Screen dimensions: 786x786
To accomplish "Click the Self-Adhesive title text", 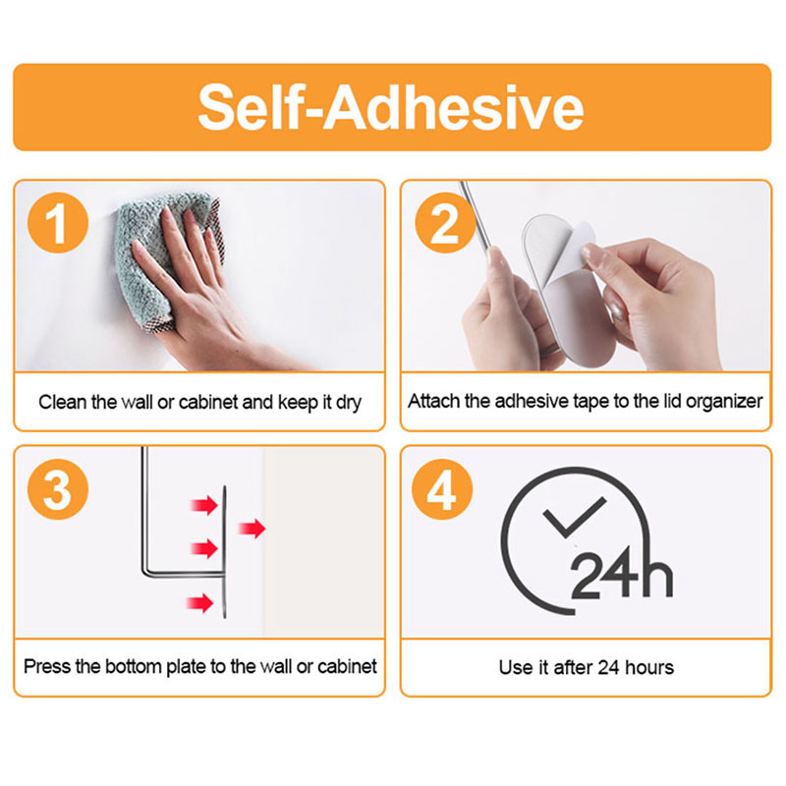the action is (391, 108).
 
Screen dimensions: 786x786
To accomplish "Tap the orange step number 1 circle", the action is (58, 223).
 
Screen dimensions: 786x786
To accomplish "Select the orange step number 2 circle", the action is (445, 223).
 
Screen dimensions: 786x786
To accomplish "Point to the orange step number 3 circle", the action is (58, 488).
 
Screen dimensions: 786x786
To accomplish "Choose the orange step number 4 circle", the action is (442, 488).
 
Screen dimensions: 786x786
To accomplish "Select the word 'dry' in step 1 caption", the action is (349, 403).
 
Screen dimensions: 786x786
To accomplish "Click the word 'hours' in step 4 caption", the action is (649, 668).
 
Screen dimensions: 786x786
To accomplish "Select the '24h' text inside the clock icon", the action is (622, 574).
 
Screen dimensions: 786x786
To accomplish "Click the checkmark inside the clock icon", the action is (573, 518).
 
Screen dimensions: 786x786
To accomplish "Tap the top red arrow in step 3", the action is (204, 505).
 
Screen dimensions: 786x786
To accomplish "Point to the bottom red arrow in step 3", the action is (200, 602).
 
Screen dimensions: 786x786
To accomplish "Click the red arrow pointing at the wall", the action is (252, 529).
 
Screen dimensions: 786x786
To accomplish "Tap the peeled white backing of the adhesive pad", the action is (577, 249).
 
